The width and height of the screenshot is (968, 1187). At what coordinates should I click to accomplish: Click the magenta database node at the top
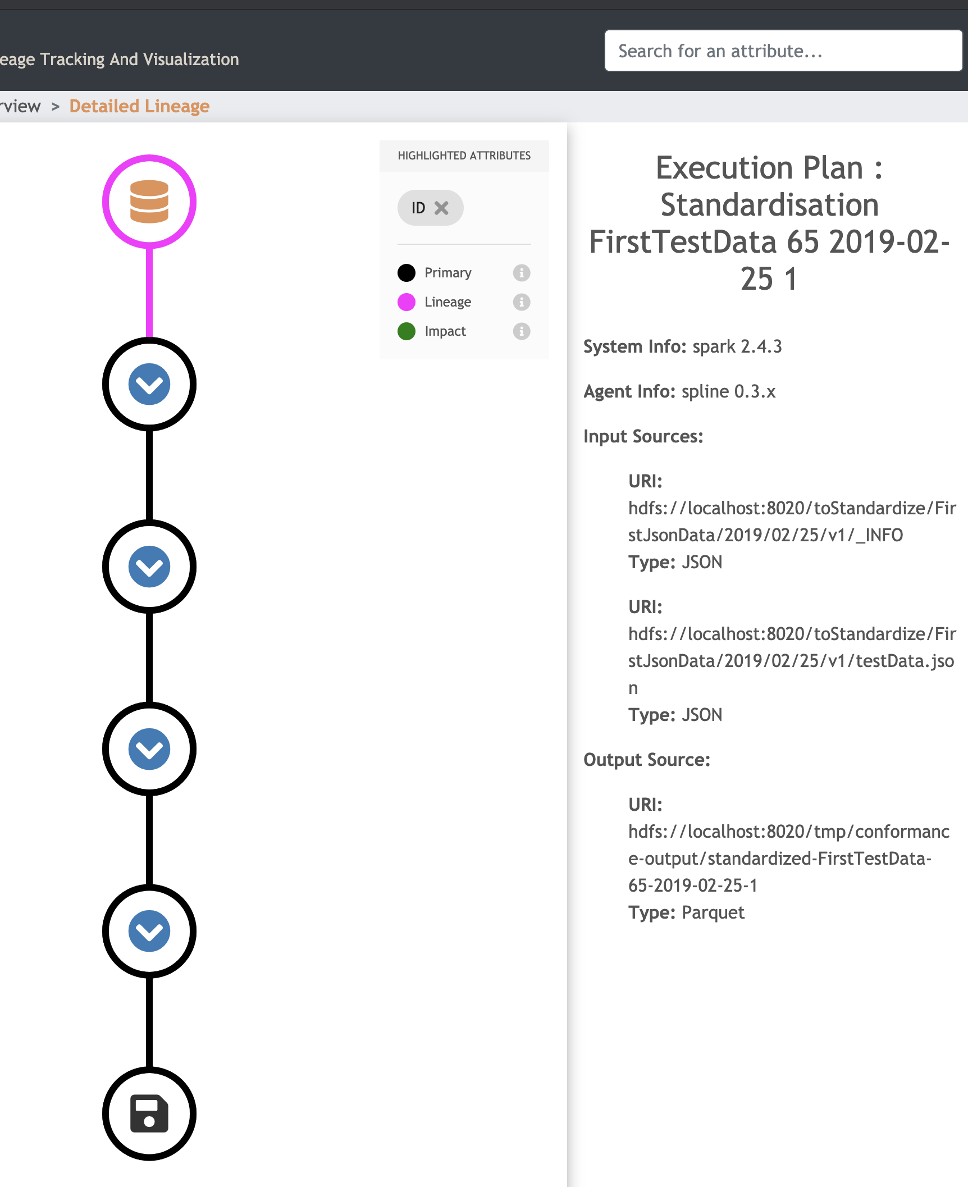149,202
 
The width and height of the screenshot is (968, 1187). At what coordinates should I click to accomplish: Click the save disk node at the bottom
149,1113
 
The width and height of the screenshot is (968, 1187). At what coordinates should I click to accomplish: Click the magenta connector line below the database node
149,293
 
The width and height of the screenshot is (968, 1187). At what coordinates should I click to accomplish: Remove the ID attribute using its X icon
442,208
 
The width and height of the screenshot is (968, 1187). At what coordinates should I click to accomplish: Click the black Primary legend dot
407,273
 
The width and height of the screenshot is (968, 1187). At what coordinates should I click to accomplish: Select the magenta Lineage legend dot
407,302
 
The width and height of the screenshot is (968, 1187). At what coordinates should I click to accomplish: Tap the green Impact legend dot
407,331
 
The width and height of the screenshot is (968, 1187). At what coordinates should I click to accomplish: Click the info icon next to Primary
522,273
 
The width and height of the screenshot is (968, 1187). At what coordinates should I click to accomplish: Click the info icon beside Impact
522,331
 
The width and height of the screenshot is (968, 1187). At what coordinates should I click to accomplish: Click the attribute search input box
783,51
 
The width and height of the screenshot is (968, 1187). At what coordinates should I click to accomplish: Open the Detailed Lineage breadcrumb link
139,106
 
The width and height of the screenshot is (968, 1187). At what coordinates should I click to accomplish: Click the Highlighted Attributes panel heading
464,156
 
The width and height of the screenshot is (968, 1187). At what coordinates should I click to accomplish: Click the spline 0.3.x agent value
729,391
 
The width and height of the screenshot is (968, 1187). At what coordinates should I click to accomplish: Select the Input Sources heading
643,436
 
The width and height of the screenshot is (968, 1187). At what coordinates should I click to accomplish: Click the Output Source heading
647,760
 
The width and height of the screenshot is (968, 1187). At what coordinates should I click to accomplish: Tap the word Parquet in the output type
713,912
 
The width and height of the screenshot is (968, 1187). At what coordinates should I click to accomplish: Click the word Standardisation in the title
770,204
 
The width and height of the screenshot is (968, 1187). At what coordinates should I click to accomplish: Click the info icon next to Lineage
522,302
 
